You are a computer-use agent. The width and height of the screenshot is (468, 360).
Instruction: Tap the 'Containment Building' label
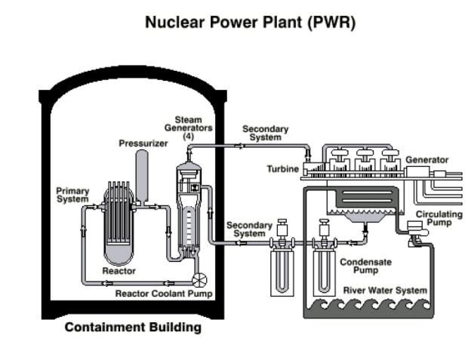click(x=132, y=328)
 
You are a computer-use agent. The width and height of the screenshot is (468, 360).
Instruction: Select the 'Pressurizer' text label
click(x=141, y=143)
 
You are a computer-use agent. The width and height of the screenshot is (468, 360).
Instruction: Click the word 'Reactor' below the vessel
click(x=119, y=270)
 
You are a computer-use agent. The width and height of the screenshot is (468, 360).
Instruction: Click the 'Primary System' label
click(x=72, y=195)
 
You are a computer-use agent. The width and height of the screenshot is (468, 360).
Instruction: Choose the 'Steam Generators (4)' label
click(x=188, y=127)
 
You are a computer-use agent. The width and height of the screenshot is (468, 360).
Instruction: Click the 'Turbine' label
click(x=283, y=168)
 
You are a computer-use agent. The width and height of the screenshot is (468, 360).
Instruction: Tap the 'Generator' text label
click(x=426, y=160)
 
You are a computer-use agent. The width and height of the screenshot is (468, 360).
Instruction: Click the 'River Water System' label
click(x=385, y=290)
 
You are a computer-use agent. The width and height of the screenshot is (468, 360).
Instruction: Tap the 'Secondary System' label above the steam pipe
click(x=265, y=134)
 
